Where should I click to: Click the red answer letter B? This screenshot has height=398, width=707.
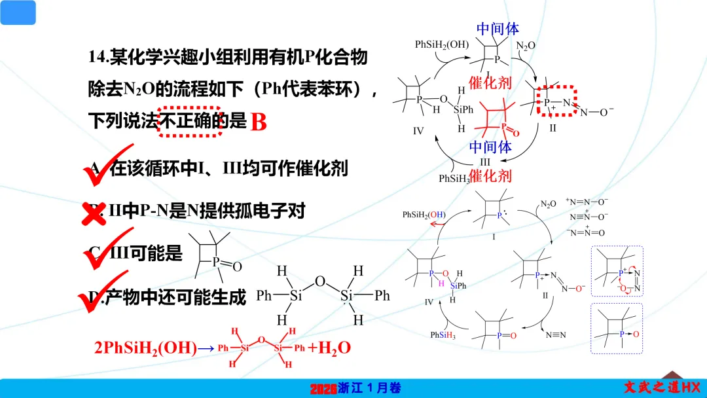click(259, 122)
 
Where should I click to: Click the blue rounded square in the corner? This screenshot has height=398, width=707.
click(18, 12)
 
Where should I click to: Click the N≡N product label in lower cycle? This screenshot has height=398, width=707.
click(556, 335)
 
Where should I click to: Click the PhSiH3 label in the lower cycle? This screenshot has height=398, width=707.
click(444, 335)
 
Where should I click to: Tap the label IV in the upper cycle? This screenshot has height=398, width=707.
click(419, 131)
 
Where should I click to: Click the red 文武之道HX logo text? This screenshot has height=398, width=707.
click(661, 387)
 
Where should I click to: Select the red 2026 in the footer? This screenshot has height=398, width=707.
click(323, 388)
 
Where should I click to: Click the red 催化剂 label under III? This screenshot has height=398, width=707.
click(490, 175)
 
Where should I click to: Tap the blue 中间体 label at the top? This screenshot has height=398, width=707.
click(498, 29)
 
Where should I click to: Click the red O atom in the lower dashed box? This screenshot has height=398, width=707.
click(635, 334)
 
